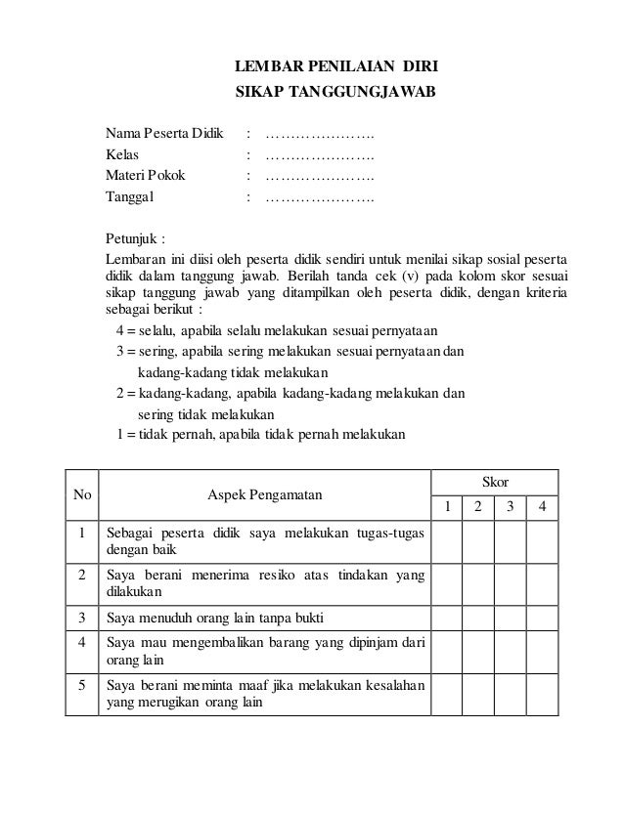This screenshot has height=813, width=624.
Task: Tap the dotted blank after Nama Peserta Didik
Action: click(x=320, y=133)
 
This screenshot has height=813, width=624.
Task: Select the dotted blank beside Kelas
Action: click(x=320, y=154)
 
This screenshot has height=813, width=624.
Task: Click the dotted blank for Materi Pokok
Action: click(x=320, y=176)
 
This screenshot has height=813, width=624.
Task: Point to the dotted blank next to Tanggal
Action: click(x=320, y=197)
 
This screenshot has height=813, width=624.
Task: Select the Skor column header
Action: click(x=495, y=483)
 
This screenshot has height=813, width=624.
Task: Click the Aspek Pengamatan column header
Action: click(x=264, y=495)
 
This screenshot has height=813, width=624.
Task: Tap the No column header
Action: click(x=82, y=495)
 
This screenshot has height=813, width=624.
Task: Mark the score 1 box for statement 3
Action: click(x=448, y=618)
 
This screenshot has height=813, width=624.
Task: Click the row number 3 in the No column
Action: click(x=82, y=618)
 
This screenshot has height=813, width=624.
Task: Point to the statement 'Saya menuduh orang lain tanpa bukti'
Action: click(x=216, y=618)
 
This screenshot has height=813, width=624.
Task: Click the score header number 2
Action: click(x=478, y=508)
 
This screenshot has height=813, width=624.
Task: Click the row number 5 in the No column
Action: click(x=82, y=685)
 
